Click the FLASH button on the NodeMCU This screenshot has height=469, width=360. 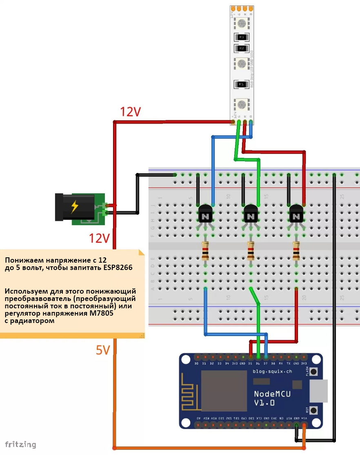313,372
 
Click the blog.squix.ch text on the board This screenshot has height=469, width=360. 273,372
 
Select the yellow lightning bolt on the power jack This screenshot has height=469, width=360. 74,207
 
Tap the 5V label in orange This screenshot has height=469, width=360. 103,350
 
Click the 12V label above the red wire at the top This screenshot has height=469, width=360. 131,112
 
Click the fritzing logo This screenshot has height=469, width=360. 20,444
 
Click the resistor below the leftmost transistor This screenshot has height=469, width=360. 205,251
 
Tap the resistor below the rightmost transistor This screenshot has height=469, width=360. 296,251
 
